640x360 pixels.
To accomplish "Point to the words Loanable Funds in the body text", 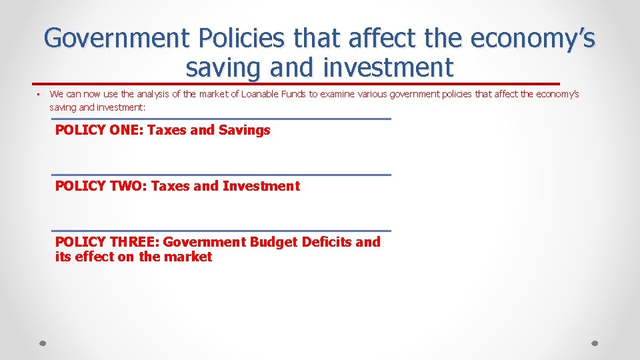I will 273,94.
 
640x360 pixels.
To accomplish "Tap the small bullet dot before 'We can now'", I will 39,94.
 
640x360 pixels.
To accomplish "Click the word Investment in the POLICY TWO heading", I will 261,186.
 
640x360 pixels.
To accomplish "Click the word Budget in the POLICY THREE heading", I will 273,242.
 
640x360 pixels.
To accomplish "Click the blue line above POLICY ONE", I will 221,119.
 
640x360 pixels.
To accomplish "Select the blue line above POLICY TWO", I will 221,175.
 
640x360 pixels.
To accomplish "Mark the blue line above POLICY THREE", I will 221,231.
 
